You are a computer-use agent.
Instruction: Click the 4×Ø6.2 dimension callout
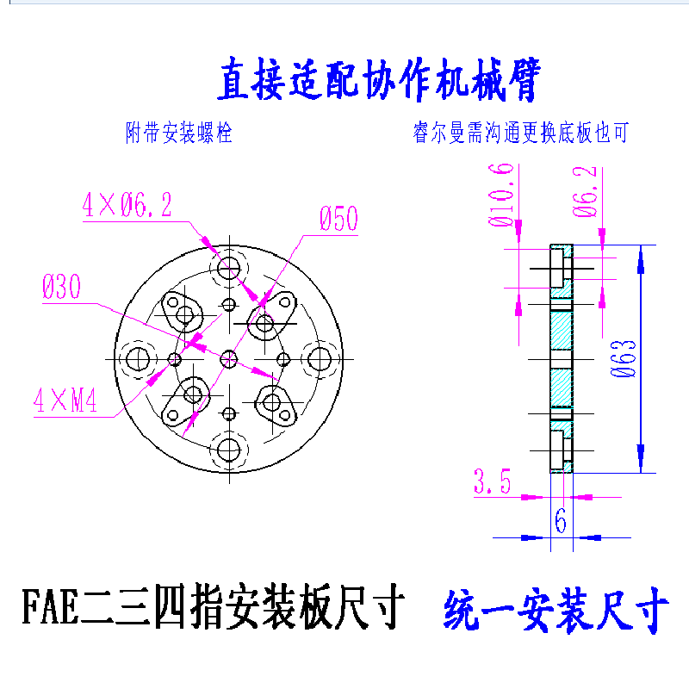[x=127, y=205]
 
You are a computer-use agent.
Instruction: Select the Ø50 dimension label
[x=338, y=219]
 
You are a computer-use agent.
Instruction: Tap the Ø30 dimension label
[x=61, y=287]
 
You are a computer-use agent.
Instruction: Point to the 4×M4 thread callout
[x=65, y=400]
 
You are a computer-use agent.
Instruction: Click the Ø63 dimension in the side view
[x=624, y=358]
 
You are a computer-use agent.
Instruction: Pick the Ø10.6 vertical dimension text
[x=501, y=195]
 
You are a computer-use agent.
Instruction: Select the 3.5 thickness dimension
[x=492, y=481]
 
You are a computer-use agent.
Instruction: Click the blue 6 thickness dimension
[x=561, y=521]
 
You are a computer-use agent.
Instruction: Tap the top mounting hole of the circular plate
[x=229, y=268]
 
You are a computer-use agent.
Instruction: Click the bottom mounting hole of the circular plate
[x=229, y=450]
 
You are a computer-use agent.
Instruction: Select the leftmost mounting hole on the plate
[x=138, y=359]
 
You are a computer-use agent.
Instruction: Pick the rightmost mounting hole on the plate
[x=320, y=359]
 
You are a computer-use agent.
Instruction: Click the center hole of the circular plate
[x=229, y=359]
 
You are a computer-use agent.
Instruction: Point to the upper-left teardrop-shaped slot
[x=182, y=311]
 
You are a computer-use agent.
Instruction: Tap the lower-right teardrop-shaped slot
[x=276, y=406]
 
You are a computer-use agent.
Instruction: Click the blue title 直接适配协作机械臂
[x=379, y=79]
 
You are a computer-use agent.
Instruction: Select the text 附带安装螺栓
[x=179, y=133]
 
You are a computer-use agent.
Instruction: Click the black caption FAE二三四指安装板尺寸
[x=213, y=606]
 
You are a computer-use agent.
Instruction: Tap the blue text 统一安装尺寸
[x=556, y=610]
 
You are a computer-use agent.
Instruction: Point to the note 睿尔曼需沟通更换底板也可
[x=521, y=133]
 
